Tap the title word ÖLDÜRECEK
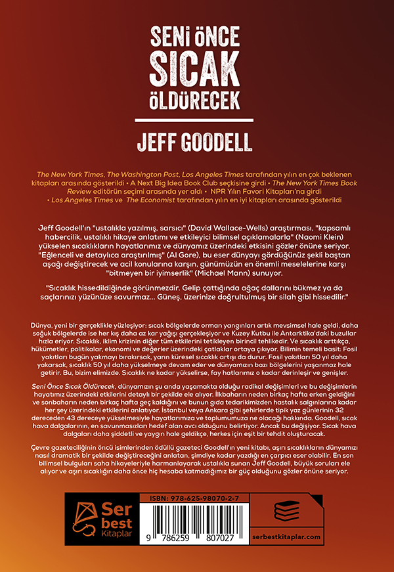(x=197, y=101)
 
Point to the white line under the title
(x=197, y=121)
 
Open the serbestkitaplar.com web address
(x=295, y=538)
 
